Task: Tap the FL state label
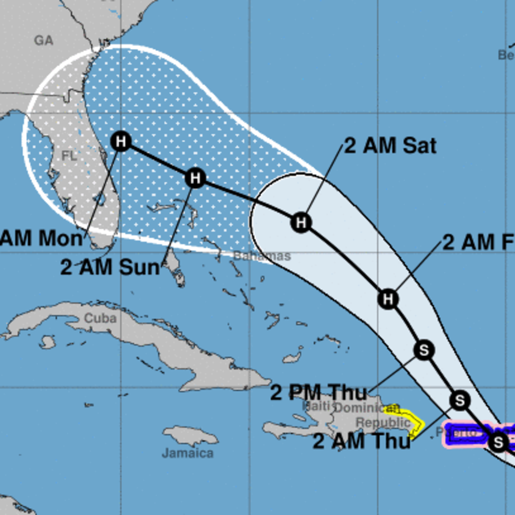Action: (x=69, y=156)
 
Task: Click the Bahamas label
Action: (x=262, y=256)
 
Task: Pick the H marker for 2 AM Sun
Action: (x=195, y=178)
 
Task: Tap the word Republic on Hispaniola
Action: (x=383, y=422)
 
